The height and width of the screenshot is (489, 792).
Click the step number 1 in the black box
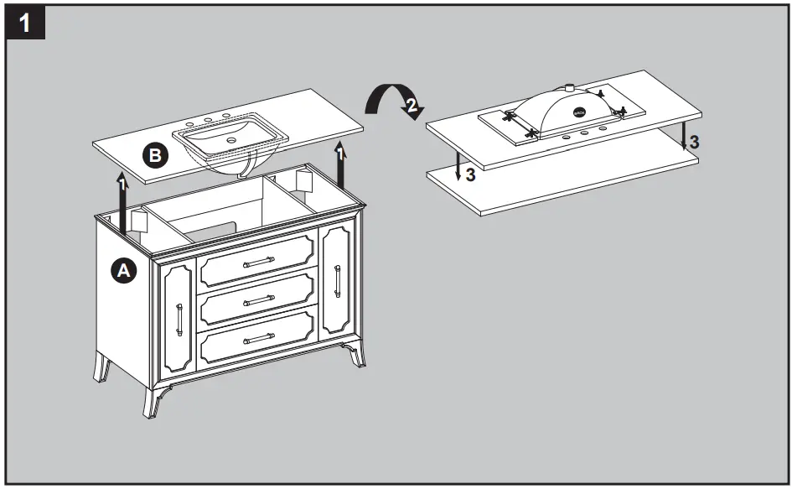[25, 23]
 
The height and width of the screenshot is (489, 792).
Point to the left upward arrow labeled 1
[122, 201]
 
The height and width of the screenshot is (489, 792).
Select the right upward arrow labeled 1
[339, 164]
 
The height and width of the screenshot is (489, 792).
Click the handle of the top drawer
[259, 263]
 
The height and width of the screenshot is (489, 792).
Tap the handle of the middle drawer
[259, 300]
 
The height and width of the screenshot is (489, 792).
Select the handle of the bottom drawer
[259, 338]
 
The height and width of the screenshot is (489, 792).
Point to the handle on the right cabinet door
[337, 280]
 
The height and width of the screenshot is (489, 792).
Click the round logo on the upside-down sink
[579, 109]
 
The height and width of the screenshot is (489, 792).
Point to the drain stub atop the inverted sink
[567, 86]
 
